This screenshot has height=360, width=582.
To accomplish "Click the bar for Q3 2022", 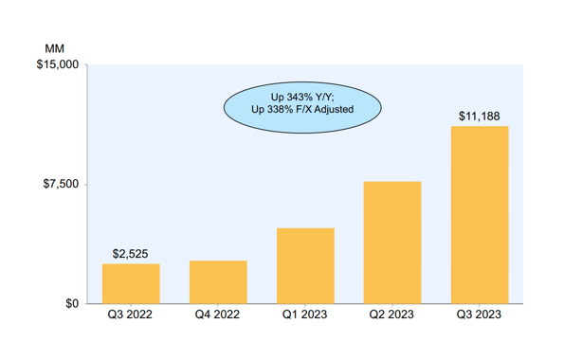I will click(131, 283).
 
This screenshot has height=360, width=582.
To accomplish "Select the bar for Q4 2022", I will click(218, 281).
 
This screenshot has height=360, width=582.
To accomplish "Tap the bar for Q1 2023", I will click(305, 265).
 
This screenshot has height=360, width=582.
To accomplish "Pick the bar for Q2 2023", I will click(392, 243).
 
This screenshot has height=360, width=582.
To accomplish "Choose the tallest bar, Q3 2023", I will click(480, 215).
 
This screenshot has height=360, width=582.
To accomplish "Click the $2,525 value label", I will click(131, 254).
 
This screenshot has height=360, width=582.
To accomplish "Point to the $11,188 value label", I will click(480, 117).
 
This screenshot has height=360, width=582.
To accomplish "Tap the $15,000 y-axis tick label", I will click(59, 65).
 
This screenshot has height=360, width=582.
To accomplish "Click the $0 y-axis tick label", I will click(72, 304).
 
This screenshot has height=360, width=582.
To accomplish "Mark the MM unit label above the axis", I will click(53, 47).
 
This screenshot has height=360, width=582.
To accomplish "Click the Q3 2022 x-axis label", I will click(131, 316).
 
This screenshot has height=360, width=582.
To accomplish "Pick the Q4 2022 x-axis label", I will click(218, 316).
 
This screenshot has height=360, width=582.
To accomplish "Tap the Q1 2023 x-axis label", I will click(305, 316).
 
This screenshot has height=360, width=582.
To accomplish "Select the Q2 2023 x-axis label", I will click(392, 316).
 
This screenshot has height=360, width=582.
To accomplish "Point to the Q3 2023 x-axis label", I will click(480, 316).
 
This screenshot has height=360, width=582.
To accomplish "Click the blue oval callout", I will click(302, 103).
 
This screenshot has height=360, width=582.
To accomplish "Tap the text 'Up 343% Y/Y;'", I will click(302, 97).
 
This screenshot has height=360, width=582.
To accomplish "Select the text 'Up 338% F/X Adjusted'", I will click(302, 110).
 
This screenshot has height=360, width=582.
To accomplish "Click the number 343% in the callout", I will click(299, 97).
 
